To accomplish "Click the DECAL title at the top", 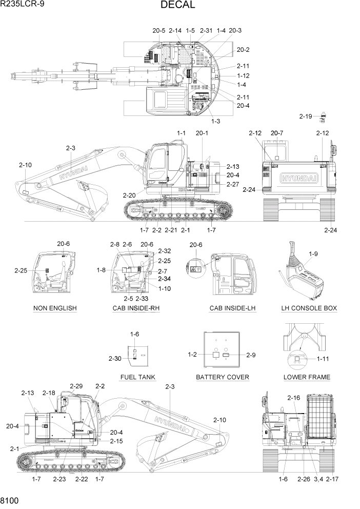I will pyautogui.click(x=177, y=5).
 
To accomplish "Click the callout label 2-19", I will pyautogui.click(x=306, y=116).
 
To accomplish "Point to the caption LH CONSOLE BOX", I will pyautogui.click(x=309, y=308).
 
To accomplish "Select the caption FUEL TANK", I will pyautogui.click(x=137, y=377).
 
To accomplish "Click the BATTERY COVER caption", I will pyautogui.click(x=223, y=377).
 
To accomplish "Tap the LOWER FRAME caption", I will pyautogui.click(x=307, y=377).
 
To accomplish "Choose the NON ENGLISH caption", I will pyautogui.click(x=55, y=308).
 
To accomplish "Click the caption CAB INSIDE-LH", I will pyautogui.click(x=232, y=308).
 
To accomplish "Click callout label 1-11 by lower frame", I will pyautogui.click(x=324, y=359).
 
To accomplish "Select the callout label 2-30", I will pyautogui.click(x=115, y=359).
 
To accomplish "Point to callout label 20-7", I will pyautogui.click(x=277, y=133).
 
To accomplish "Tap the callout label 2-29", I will pyautogui.click(x=76, y=386).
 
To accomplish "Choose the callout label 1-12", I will pyautogui.click(x=243, y=76).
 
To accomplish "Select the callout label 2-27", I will pyautogui.click(x=232, y=184).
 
